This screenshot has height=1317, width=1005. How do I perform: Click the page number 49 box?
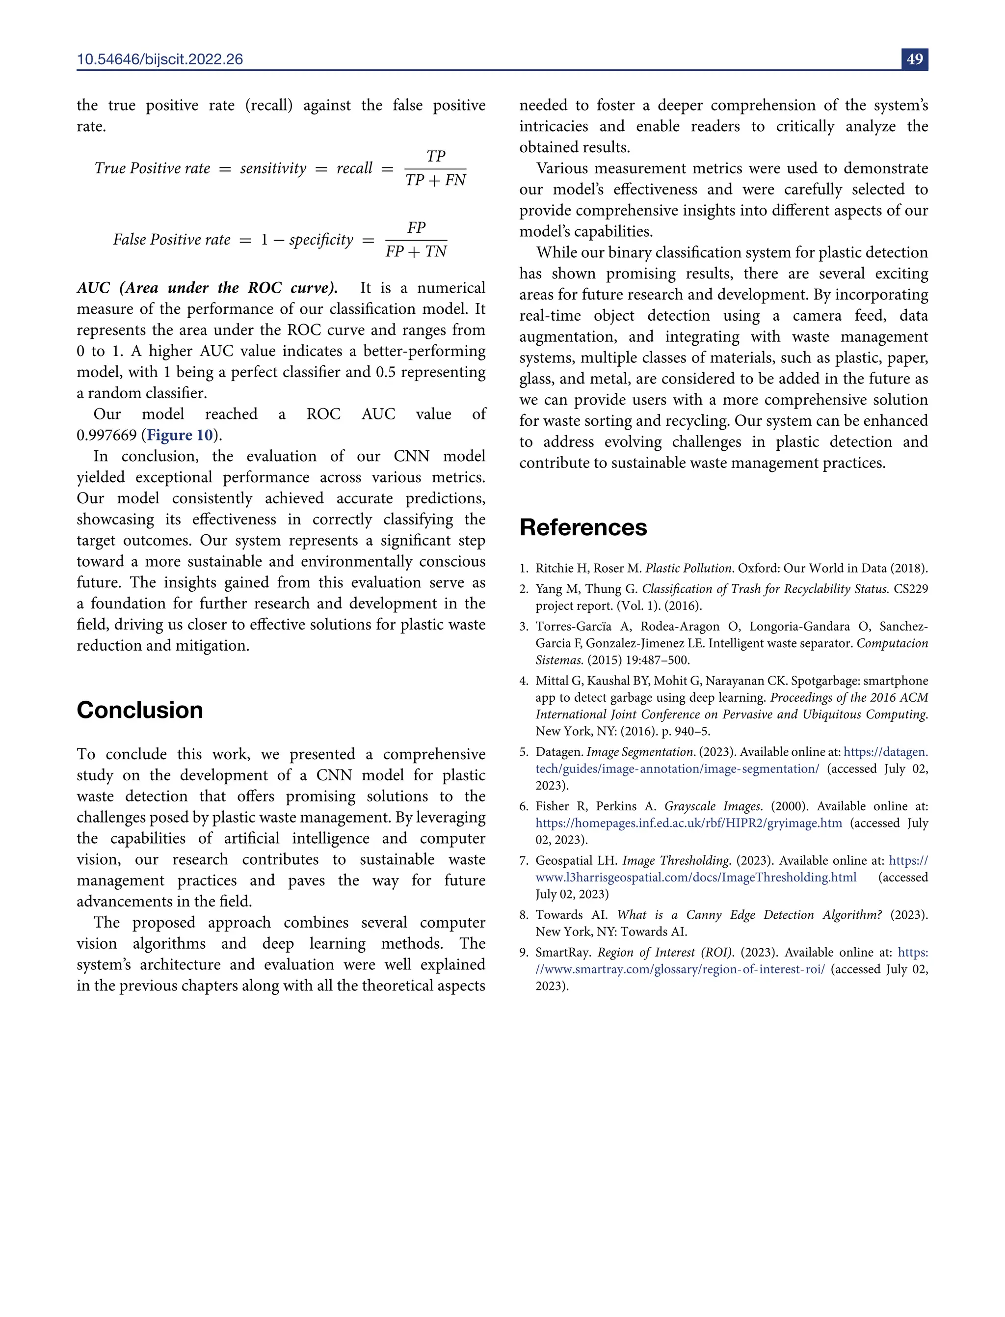click(x=914, y=59)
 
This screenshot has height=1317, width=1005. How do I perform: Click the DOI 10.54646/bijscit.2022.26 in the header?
click(x=159, y=59)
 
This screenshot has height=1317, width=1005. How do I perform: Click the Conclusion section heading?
click(x=139, y=710)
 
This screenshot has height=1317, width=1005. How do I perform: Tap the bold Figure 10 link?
click(x=180, y=435)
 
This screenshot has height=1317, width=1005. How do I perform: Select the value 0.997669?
click(x=106, y=435)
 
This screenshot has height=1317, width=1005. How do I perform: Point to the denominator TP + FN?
click(x=435, y=180)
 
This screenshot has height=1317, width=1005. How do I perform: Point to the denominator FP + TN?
click(x=416, y=251)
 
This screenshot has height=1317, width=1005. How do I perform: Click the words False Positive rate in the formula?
click(x=172, y=240)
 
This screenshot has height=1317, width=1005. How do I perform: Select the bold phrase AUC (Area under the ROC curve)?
click(x=207, y=288)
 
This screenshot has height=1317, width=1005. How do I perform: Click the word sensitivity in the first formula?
click(x=273, y=169)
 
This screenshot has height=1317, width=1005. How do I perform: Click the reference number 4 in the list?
click(x=524, y=681)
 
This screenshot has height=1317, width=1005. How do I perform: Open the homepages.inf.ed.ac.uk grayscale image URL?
click(x=688, y=823)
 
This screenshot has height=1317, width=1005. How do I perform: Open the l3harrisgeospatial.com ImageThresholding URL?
click(x=696, y=877)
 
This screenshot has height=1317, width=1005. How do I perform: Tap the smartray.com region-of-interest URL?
click(x=680, y=969)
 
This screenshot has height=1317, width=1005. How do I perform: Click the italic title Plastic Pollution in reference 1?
click(x=688, y=568)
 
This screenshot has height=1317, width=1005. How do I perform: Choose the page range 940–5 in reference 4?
click(x=691, y=731)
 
